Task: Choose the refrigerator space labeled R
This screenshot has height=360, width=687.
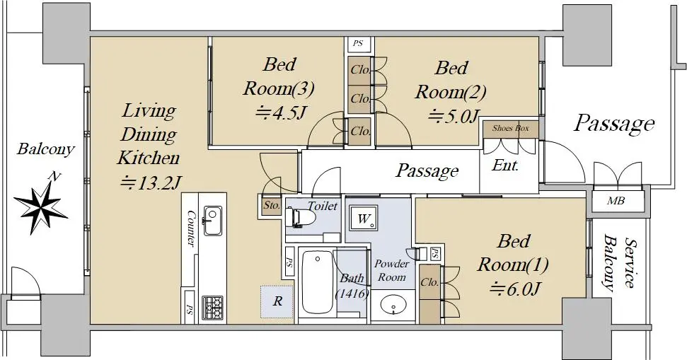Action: [x=277, y=302]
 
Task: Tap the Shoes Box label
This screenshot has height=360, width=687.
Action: [x=510, y=128]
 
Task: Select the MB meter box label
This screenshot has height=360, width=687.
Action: [x=616, y=201]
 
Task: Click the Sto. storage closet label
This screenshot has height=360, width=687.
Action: [x=272, y=205]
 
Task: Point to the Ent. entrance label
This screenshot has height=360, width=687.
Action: [x=506, y=165]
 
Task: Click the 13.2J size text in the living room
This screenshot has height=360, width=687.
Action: [x=151, y=182]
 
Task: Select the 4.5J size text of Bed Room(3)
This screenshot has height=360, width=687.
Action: [x=281, y=112]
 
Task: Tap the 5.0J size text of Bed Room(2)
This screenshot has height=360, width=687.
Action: [x=453, y=116]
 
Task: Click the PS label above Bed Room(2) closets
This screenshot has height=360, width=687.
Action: [x=358, y=43]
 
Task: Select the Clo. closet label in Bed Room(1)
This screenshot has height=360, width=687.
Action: [x=429, y=282]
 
